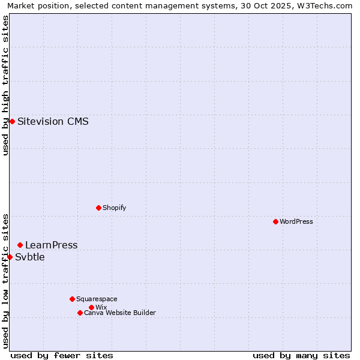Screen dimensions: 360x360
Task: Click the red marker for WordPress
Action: [275, 221]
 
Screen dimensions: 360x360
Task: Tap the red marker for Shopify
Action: [98, 208]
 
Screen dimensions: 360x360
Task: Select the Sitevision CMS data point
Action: [12, 121]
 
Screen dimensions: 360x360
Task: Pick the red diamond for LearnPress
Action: [20, 245]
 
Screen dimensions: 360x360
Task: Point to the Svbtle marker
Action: [10, 257]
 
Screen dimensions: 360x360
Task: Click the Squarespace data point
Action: [72, 299]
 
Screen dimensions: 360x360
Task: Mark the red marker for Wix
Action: [91, 307]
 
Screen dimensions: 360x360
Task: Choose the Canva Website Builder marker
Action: [80, 313]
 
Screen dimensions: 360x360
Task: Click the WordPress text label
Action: [296, 221]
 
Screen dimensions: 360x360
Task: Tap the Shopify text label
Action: [114, 208]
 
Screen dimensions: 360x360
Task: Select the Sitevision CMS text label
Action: [53, 121]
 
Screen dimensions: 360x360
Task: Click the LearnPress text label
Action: [51, 245]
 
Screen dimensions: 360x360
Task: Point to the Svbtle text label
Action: [29, 257]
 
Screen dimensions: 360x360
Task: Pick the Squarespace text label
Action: [97, 299]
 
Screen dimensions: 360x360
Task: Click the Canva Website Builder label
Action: [119, 313]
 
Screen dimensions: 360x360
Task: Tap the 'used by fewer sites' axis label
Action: [62, 355]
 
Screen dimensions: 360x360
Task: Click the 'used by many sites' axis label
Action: [301, 355]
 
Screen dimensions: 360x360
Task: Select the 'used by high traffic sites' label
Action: [6, 85]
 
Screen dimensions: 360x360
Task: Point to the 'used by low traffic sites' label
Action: [6, 280]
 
